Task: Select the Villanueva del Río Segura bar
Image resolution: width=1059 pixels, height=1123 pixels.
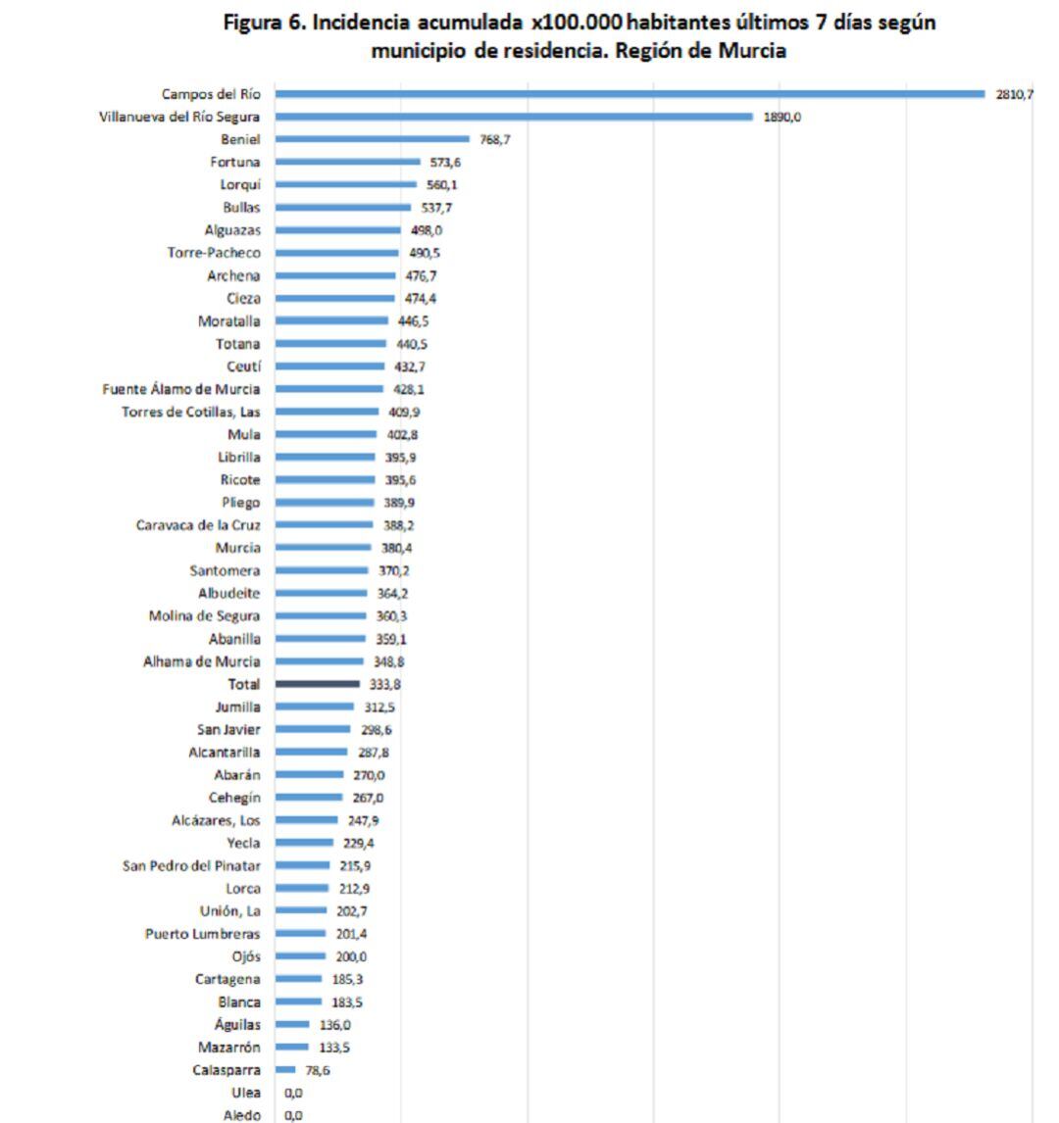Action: click(514, 117)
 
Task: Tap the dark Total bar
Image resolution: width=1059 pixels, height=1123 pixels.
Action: click(318, 684)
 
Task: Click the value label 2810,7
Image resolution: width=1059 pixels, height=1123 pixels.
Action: click(1014, 94)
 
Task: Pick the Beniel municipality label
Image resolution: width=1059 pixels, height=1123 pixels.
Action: click(240, 139)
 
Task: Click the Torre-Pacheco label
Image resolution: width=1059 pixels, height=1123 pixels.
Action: click(214, 253)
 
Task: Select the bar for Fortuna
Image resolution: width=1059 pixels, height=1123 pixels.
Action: click(347, 162)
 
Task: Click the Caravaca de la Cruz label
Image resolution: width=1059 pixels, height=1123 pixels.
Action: click(198, 525)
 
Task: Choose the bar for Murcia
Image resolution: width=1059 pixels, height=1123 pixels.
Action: click(324, 548)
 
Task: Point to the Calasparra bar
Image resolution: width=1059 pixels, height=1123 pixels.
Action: click(285, 1070)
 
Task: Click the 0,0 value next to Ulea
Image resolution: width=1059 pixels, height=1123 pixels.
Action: click(293, 1093)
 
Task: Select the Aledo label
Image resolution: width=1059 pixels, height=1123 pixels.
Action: click(241, 1115)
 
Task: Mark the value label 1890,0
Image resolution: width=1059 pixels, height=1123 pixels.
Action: click(782, 117)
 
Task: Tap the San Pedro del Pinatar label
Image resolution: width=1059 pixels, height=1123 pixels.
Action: click(191, 865)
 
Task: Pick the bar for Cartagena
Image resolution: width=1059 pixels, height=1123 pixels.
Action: click(298, 979)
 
